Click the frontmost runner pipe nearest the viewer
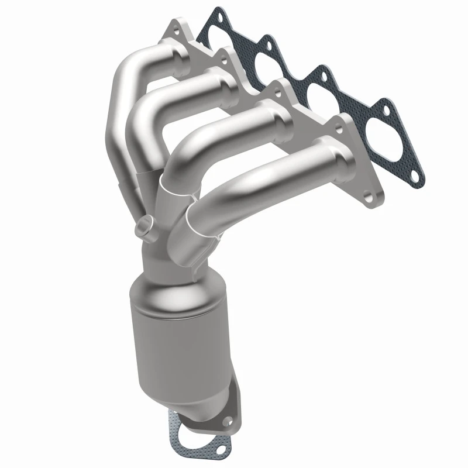tap(275, 175)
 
